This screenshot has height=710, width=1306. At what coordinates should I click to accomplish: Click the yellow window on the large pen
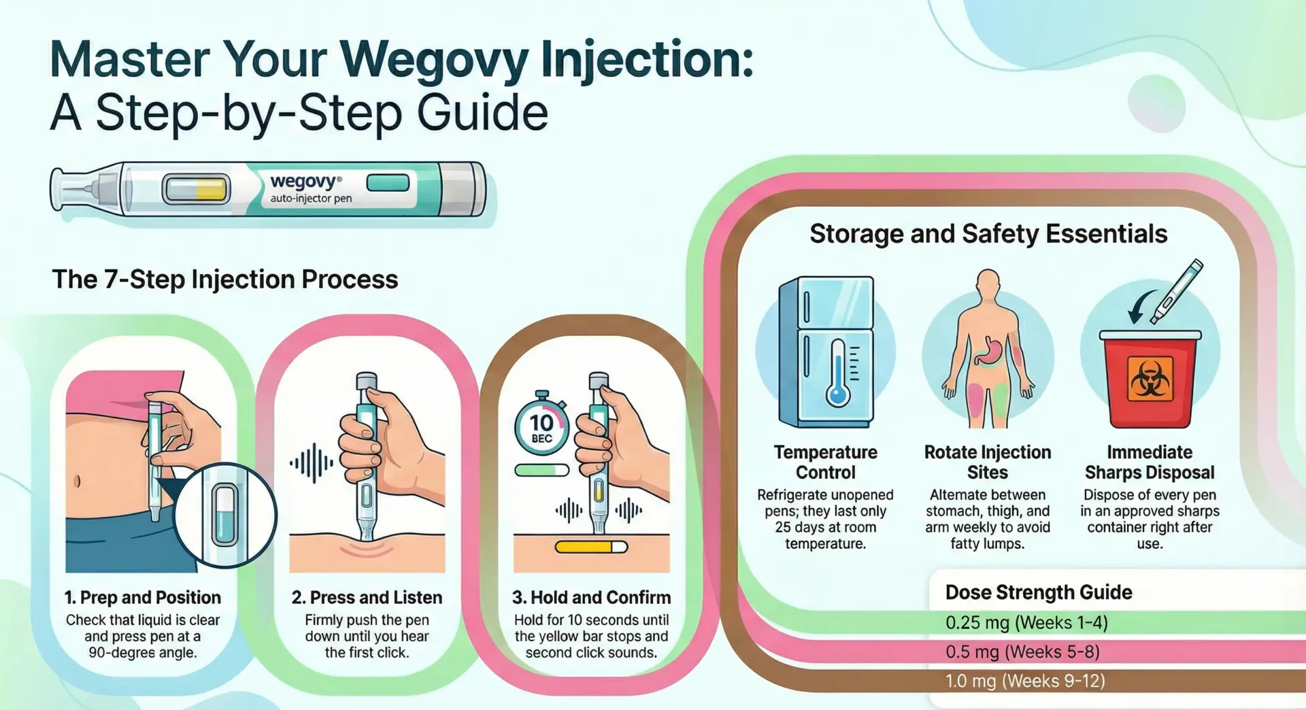[196, 189]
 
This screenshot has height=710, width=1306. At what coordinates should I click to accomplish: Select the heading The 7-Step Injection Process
[225, 280]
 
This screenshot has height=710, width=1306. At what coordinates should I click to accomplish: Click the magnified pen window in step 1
[225, 515]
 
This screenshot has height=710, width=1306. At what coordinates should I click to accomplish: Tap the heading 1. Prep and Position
[143, 597]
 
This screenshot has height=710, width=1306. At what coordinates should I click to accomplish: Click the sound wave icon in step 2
[312, 463]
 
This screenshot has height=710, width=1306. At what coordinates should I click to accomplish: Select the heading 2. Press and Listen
[367, 597]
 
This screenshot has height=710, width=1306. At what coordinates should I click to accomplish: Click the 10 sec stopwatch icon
[541, 426]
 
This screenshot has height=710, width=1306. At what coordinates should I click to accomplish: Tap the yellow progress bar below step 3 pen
[590, 547]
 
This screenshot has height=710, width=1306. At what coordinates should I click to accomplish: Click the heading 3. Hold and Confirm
[591, 597]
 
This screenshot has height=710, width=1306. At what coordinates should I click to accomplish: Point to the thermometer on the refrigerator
[838, 374]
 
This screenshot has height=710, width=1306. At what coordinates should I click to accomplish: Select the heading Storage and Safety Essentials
[988, 234]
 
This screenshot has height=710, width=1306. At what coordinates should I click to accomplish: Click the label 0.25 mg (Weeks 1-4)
[1026, 623]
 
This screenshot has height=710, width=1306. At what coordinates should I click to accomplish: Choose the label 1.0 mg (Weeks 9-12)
[1025, 681]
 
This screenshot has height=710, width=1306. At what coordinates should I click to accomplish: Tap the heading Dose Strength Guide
[1039, 592]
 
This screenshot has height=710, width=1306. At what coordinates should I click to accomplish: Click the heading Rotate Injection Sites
[988, 462]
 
